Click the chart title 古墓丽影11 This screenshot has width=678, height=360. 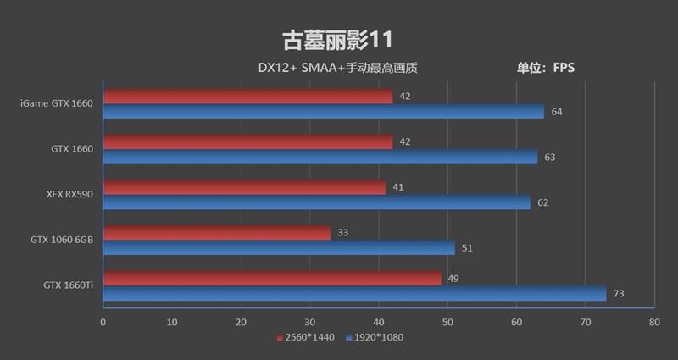tap(337, 40)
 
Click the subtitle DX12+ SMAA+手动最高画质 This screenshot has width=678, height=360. tap(338, 68)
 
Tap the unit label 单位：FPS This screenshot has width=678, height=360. tap(546, 68)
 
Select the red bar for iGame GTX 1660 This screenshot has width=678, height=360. tap(247, 97)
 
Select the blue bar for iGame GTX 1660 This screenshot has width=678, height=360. tap(323, 111)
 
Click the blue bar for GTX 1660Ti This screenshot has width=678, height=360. tap(354, 294)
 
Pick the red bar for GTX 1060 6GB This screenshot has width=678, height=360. tap(216, 233)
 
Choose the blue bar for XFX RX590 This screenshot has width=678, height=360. tap(316, 202)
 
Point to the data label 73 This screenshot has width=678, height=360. tap(619, 294)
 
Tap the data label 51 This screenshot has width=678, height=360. tap(467, 248)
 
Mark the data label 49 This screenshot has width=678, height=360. tap(453, 279)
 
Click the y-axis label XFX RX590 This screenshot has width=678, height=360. tap(69, 195)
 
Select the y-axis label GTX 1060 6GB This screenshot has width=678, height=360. tap(63, 241)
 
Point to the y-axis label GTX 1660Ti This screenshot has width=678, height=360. tap(68, 286)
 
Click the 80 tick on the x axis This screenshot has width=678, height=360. tap(653, 323)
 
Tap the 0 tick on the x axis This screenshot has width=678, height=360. tap(103, 323)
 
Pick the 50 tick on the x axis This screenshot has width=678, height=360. tap(447, 323)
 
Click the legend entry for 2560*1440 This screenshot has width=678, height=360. tap(306, 337)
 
